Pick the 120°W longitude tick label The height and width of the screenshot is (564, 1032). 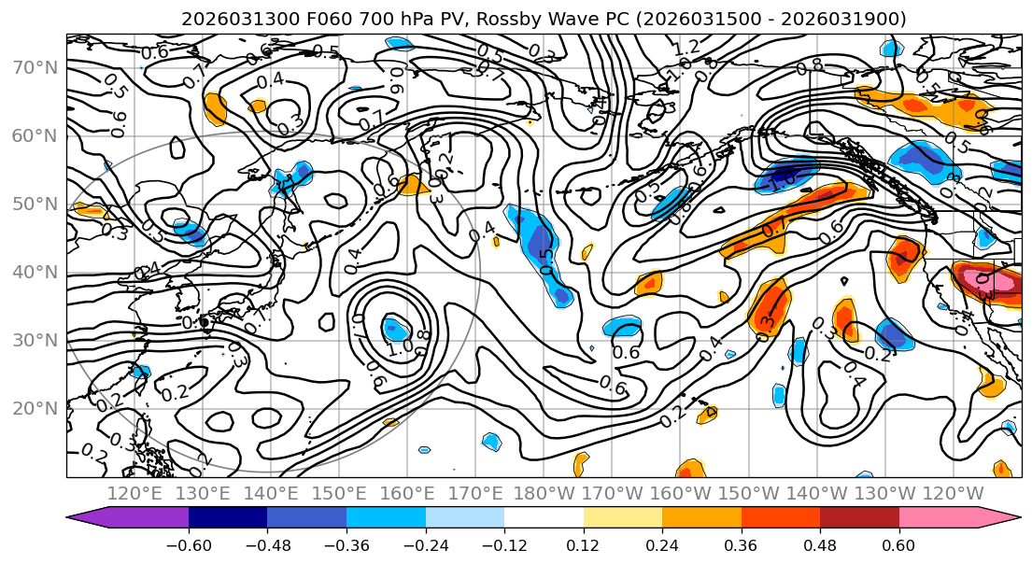click(954, 493)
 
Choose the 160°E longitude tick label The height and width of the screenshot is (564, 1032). click(407, 493)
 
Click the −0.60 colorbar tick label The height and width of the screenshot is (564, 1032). click(189, 545)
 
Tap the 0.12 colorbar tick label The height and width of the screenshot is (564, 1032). click(583, 545)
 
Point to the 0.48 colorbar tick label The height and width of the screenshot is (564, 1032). click(820, 545)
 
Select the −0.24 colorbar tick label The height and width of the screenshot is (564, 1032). click(425, 545)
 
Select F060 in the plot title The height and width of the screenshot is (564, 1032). click(307, 19)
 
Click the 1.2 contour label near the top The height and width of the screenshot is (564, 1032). click(686, 47)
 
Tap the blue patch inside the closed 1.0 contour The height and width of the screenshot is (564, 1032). click(395, 329)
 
